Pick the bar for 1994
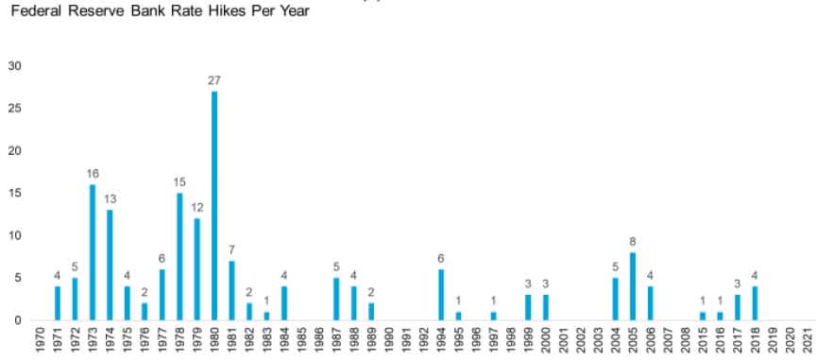(x=441, y=295)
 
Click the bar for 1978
(x=179, y=256)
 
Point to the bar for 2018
(x=755, y=303)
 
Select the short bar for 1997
(x=493, y=316)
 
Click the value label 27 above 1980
(x=214, y=80)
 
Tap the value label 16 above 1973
(x=93, y=174)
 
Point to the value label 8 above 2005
(x=633, y=242)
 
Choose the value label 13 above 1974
(x=110, y=199)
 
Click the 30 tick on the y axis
(x=14, y=66)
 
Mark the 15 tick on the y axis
(x=14, y=193)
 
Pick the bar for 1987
(x=336, y=299)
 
